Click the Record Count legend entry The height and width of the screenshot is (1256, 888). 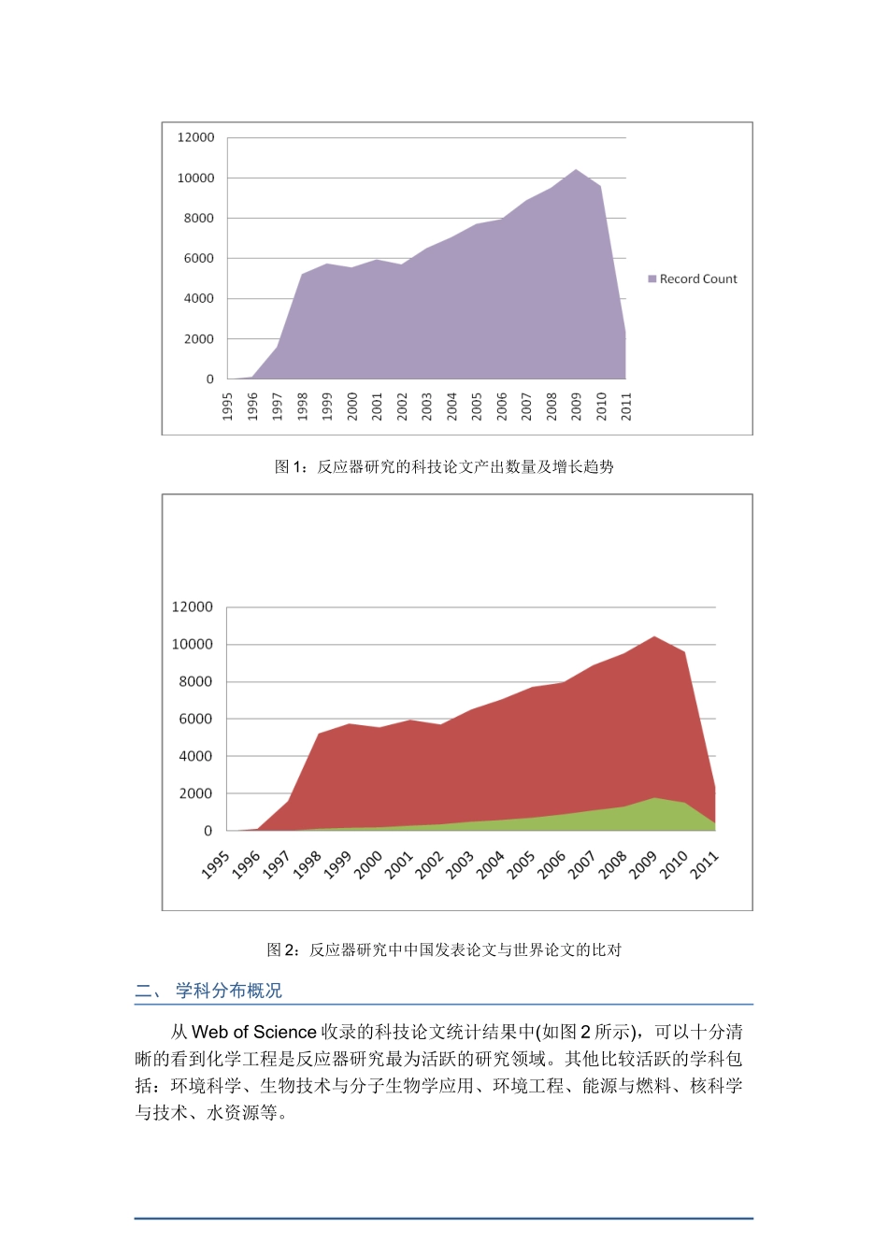(693, 278)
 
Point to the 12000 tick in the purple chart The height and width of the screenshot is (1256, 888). (195, 137)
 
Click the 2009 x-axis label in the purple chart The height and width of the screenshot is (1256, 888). (576, 406)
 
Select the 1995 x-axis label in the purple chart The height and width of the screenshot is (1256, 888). (227, 406)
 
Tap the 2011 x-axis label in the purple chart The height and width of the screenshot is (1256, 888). (626, 406)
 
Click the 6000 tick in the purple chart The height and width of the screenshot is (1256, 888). (198, 258)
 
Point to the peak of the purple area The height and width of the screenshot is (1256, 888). (576, 170)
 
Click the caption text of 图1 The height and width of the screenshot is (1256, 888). (444, 466)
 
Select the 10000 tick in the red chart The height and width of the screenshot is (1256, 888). (192, 644)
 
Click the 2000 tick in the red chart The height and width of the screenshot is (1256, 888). (195, 793)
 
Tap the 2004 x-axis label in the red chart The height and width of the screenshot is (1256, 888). (491, 864)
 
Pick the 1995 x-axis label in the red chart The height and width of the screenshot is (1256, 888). (216, 864)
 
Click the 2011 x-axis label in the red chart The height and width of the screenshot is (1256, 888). (705, 864)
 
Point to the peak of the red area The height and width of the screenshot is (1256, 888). (654, 637)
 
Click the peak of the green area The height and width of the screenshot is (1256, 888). (654, 799)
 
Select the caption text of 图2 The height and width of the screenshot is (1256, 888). (444, 949)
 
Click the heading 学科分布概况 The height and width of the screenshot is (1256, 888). (228, 991)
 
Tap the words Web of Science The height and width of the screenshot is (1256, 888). (254, 1032)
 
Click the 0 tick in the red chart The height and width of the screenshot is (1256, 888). (208, 831)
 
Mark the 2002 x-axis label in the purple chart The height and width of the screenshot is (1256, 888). (402, 406)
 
